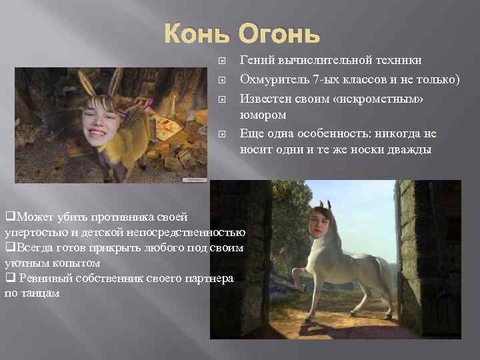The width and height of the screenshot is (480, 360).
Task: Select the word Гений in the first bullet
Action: (x=256, y=59)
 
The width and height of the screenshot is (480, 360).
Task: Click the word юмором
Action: (x=262, y=115)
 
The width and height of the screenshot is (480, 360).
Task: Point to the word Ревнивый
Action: (x=39, y=277)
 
